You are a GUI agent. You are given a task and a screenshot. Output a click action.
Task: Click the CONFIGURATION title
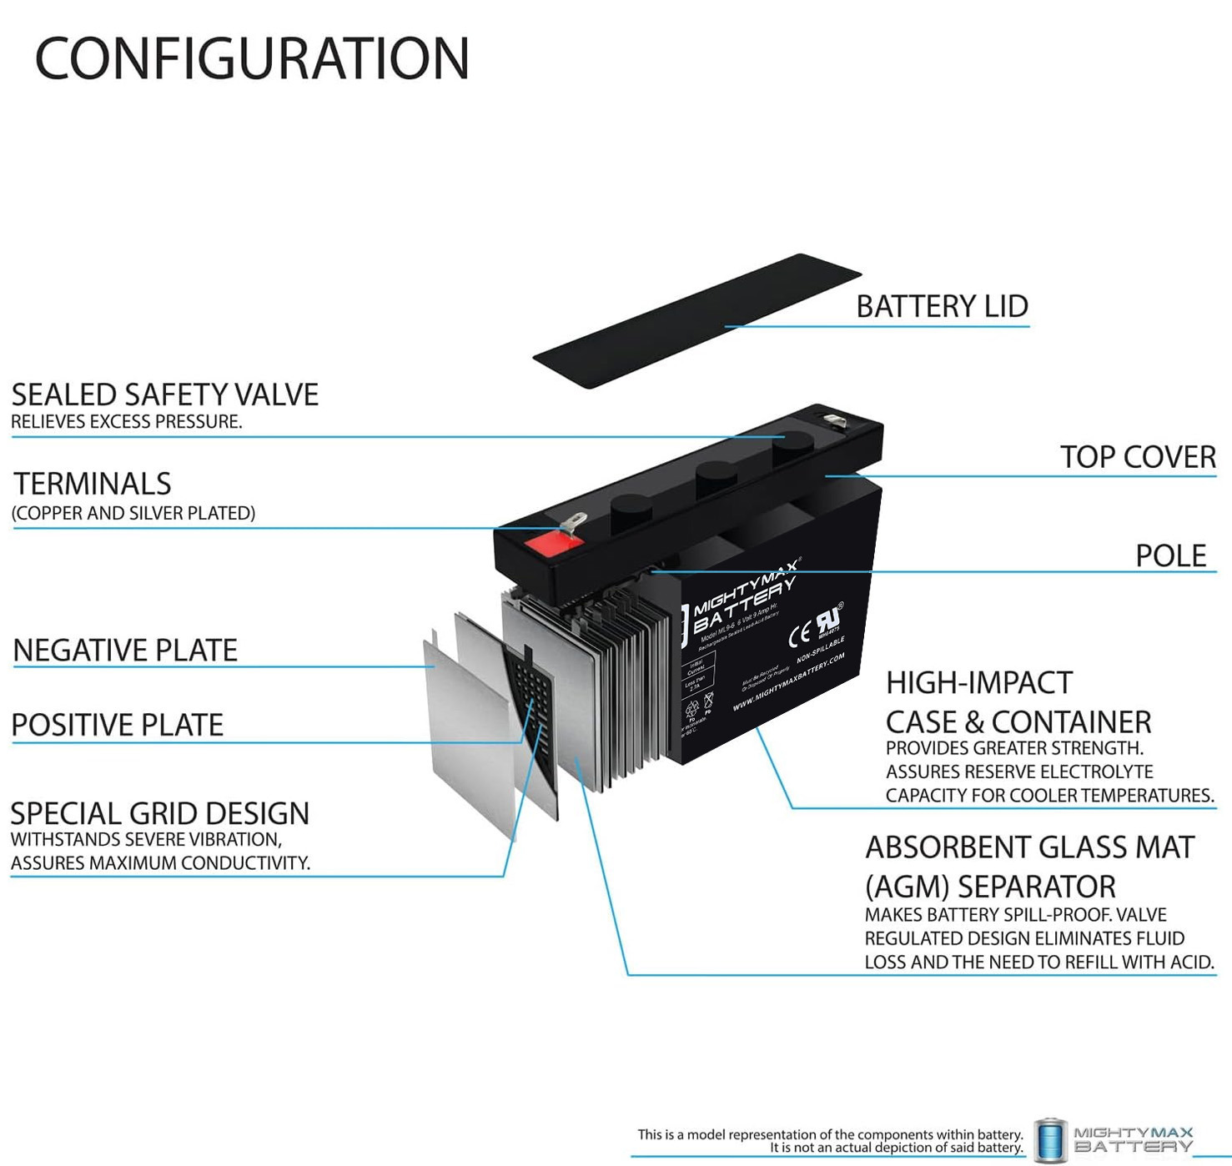click(252, 58)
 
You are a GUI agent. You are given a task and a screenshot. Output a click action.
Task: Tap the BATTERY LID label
click(942, 307)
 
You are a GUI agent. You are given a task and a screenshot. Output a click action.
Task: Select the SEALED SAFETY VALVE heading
click(165, 395)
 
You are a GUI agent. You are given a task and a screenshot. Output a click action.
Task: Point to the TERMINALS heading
click(93, 484)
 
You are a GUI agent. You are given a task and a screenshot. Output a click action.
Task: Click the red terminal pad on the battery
click(553, 544)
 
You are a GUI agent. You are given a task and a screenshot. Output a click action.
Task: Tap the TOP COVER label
click(1138, 457)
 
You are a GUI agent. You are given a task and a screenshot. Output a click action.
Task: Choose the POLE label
click(1170, 555)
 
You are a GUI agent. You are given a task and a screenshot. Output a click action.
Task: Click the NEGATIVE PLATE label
click(126, 651)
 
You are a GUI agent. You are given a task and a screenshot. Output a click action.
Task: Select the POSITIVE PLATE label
click(118, 725)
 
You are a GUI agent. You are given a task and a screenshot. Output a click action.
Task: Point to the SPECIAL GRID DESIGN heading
click(160, 813)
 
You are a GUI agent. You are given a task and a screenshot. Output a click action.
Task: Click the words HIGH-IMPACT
click(979, 683)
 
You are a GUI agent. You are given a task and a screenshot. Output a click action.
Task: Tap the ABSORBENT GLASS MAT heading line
click(1030, 847)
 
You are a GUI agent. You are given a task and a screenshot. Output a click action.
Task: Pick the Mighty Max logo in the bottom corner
click(1114, 1139)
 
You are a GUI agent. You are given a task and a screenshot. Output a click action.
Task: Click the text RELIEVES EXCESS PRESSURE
click(127, 422)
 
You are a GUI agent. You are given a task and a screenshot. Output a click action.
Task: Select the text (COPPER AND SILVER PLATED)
click(133, 513)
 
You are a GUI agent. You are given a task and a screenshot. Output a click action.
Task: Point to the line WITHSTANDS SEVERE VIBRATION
click(147, 840)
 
